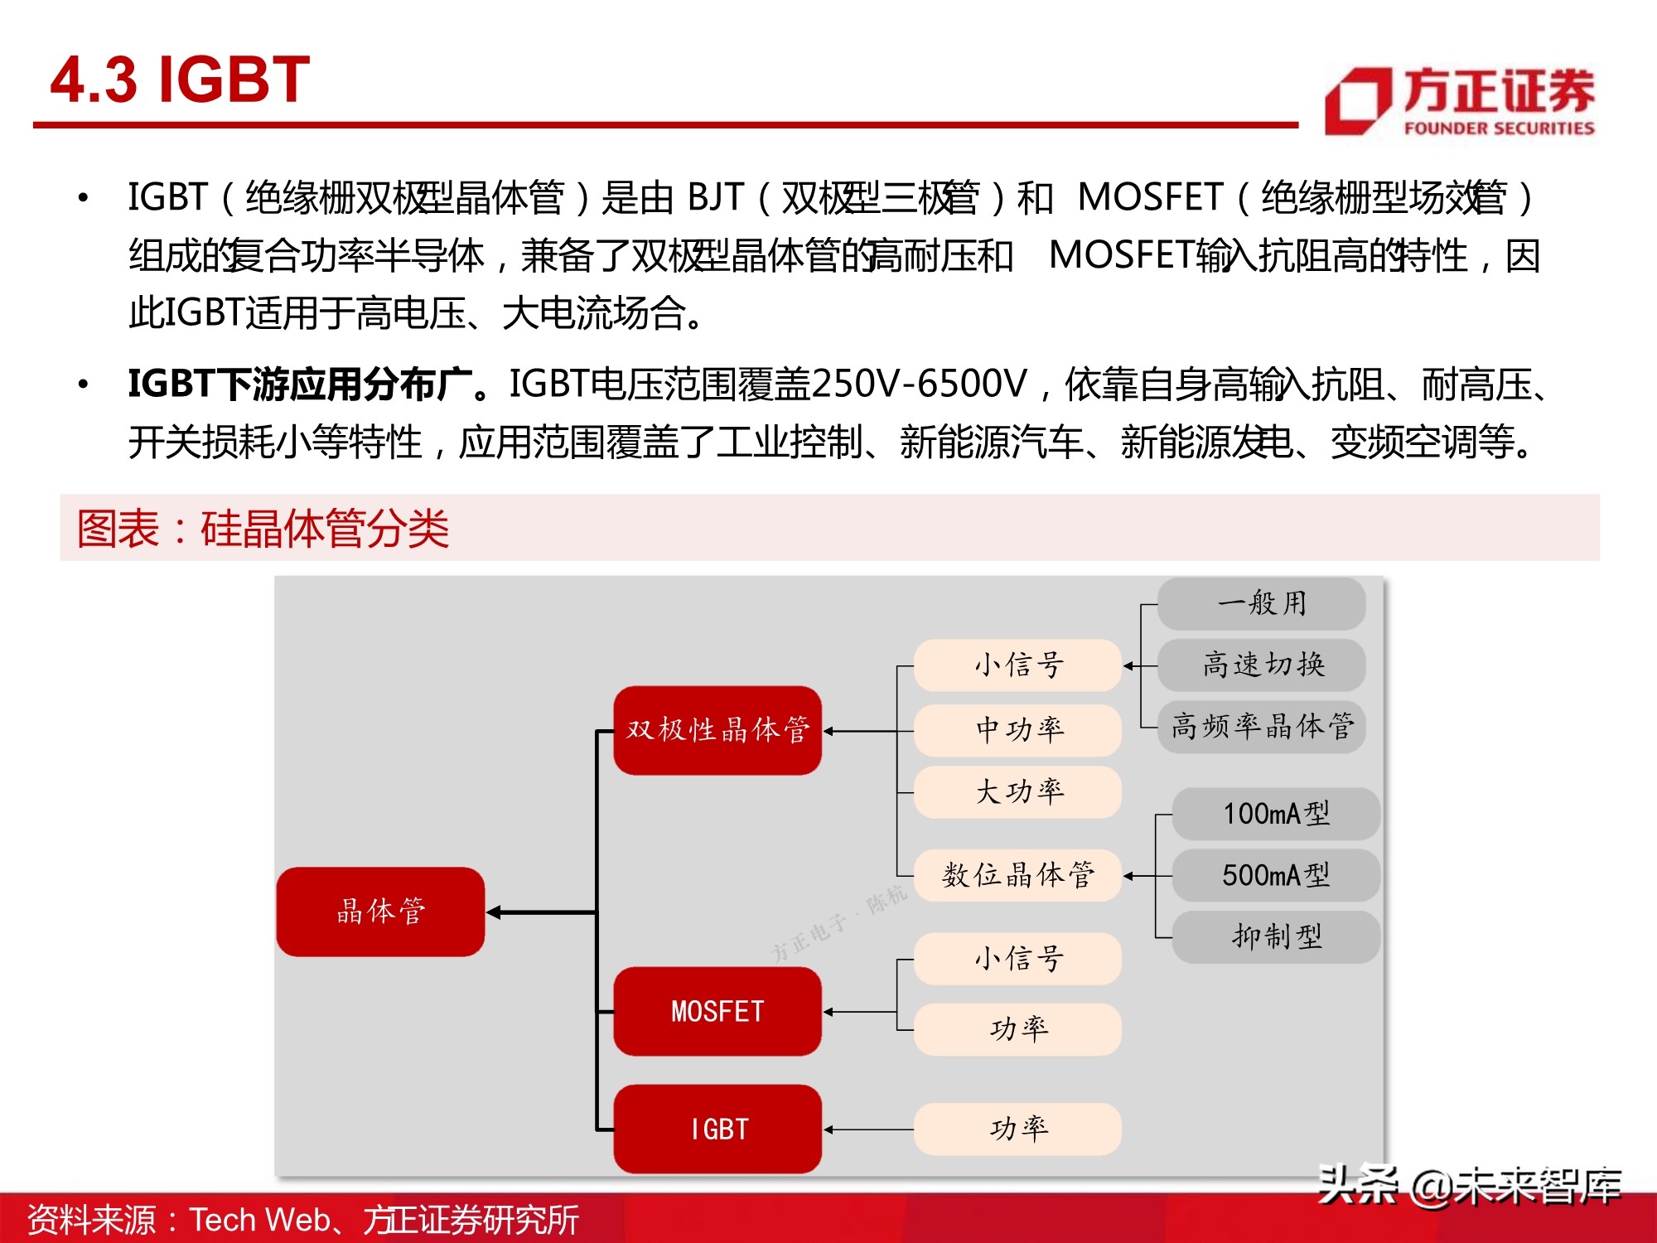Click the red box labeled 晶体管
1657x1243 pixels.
pyautogui.click(x=380, y=912)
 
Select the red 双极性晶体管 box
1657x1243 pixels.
pyautogui.click(x=717, y=730)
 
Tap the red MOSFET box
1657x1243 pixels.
pyautogui.click(x=717, y=1011)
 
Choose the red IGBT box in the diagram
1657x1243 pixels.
pyautogui.click(x=717, y=1129)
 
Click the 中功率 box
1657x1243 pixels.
pyautogui.click(x=1017, y=730)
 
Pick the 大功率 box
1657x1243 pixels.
pyautogui.click(x=1017, y=792)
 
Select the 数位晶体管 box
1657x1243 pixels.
pyautogui.click(x=1017, y=875)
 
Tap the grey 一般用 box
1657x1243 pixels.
pyautogui.click(x=1261, y=603)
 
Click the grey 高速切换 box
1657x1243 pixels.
pyautogui.click(x=1261, y=665)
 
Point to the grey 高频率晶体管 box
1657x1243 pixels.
pyautogui.click(x=1261, y=727)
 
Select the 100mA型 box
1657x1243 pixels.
pyautogui.click(x=1276, y=814)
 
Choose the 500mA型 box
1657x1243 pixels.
pyautogui.click(x=1276, y=875)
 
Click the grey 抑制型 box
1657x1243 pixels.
pyautogui.click(x=1276, y=936)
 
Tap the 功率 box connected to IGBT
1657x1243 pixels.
pyautogui.click(x=1017, y=1129)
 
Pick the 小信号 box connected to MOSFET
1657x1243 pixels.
pyautogui.click(x=1017, y=959)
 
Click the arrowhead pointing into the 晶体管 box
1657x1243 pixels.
pyautogui.click(x=495, y=912)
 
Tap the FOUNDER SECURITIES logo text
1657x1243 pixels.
pyautogui.click(x=1498, y=128)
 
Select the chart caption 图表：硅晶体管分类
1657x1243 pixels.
pyautogui.click(x=263, y=528)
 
